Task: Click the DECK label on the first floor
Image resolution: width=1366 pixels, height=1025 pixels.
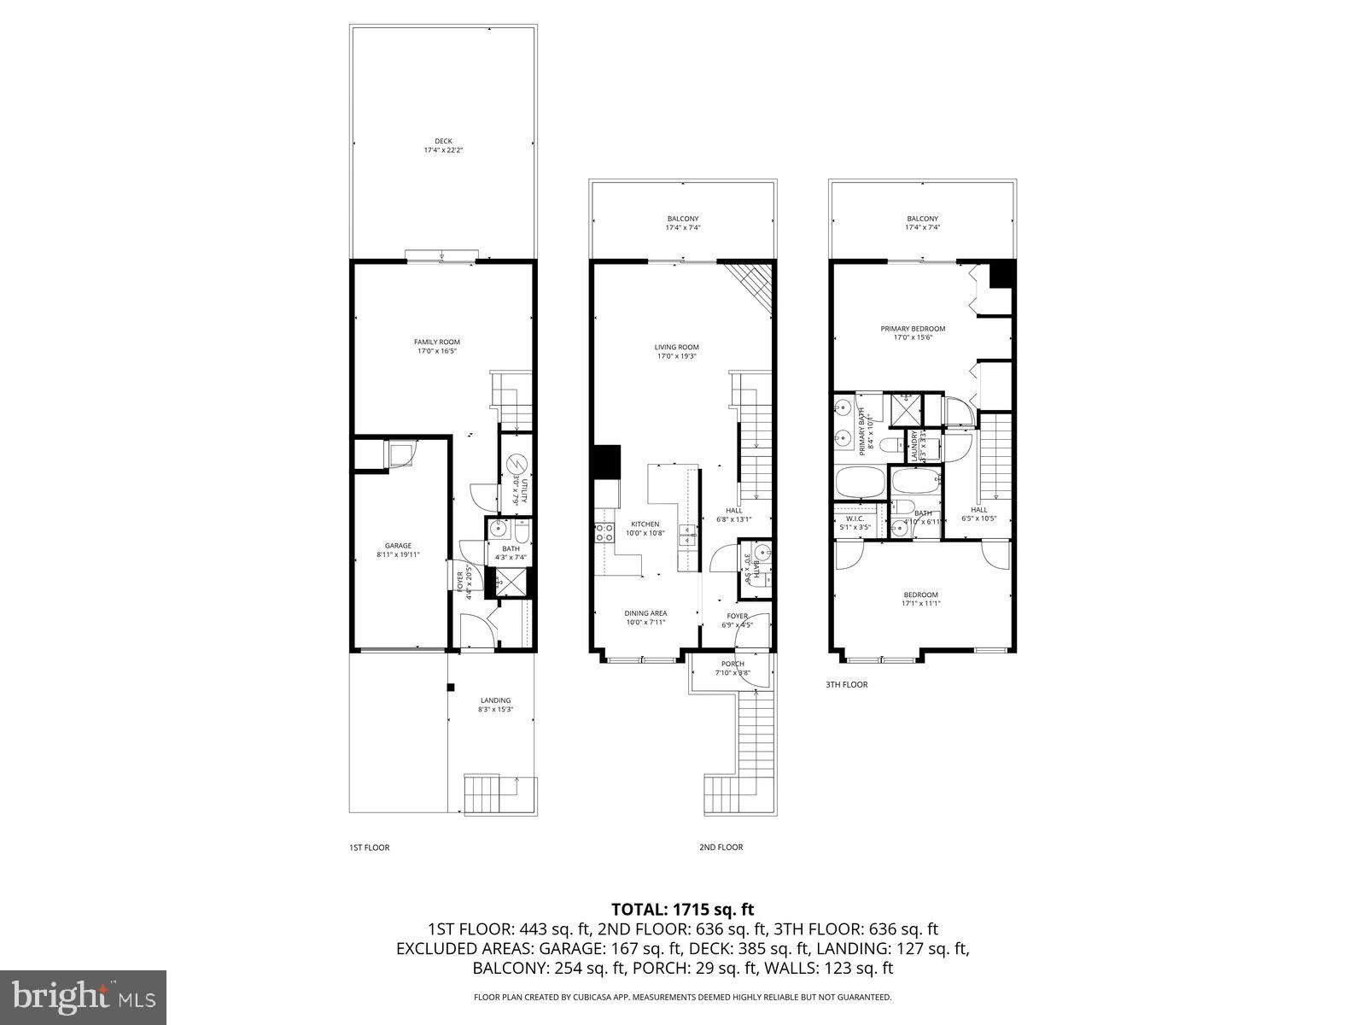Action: point(443,142)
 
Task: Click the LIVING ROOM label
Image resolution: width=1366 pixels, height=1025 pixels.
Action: point(677,347)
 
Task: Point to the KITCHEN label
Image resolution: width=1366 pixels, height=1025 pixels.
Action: point(645,524)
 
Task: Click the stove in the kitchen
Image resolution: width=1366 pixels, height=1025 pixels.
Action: point(604,532)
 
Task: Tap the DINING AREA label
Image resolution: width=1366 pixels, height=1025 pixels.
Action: point(645,612)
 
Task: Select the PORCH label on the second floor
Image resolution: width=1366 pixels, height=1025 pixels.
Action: point(733,664)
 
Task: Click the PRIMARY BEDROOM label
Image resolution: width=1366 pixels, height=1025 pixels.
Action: point(914,329)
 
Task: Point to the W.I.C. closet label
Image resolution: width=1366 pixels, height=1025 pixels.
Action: point(855,518)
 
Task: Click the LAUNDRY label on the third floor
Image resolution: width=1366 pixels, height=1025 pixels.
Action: point(914,445)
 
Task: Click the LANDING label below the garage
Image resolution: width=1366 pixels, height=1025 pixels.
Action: point(495,700)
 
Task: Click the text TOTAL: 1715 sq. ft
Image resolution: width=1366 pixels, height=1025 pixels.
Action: point(683,909)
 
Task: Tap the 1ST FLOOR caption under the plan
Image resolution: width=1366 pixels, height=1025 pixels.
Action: point(369,847)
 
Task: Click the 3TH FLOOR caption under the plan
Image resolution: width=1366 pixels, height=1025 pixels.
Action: point(846,684)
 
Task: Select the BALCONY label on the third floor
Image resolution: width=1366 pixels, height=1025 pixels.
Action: point(922,219)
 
